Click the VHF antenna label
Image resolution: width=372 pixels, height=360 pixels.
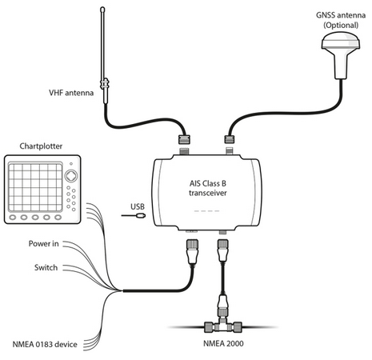tap(71, 93)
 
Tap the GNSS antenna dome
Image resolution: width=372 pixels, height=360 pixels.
tap(341, 42)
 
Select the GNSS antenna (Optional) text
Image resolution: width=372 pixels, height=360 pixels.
tap(341, 20)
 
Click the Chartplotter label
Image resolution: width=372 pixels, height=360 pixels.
tap(41, 146)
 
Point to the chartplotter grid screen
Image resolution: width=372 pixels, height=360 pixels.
tap(35, 187)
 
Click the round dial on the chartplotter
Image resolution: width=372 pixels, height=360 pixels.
tap(71, 176)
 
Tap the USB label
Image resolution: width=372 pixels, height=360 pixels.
tap(138, 206)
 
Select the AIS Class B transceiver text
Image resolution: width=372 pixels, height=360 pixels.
tap(208, 188)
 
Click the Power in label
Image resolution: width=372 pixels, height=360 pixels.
tap(44, 243)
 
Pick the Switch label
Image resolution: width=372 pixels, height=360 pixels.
tap(46, 267)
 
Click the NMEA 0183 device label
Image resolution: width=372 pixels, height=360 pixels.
tap(45, 345)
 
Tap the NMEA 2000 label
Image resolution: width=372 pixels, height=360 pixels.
tap(223, 343)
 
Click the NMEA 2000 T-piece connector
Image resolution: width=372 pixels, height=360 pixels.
tap(223, 325)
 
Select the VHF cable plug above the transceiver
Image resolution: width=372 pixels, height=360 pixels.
tap(184, 139)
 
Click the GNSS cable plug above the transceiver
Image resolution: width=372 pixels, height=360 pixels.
tap(230, 139)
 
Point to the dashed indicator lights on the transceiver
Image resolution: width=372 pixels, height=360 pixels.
tap(207, 211)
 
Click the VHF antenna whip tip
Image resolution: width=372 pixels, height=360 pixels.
tap(102, 9)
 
